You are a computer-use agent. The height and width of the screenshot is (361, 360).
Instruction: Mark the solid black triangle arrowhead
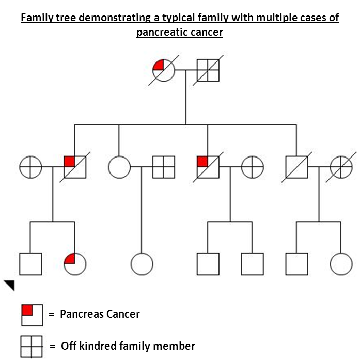[x=10, y=285]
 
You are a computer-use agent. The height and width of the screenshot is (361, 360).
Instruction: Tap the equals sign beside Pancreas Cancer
[x=52, y=315]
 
